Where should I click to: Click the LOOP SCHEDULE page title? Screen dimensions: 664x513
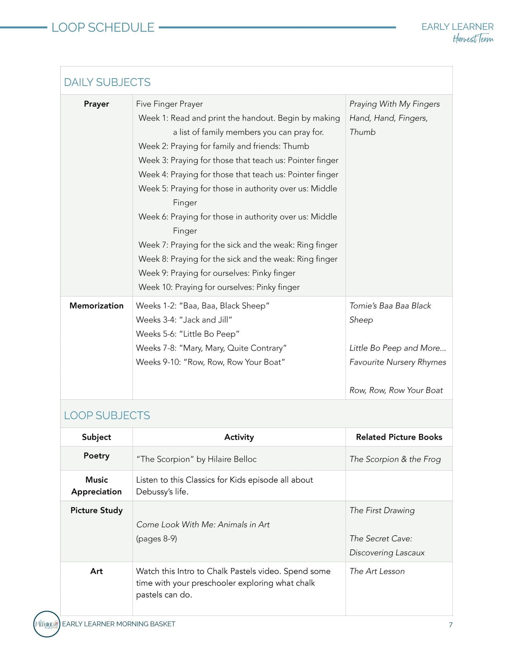pyautogui.click(x=103, y=27)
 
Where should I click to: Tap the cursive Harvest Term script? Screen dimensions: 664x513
pyautogui.click(x=473, y=38)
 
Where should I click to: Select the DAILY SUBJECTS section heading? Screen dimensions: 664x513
pyautogui.click(x=107, y=82)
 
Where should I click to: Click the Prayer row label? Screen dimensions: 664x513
pyautogui.click(x=97, y=104)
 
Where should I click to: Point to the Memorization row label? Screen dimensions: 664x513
pyautogui.click(x=97, y=306)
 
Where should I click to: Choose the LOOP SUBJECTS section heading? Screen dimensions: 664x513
pyautogui.click(x=107, y=415)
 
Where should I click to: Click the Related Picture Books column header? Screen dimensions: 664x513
pyautogui.click(x=399, y=437)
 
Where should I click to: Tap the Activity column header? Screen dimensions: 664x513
pyautogui.click(x=239, y=437)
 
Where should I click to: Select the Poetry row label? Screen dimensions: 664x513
pyautogui.click(x=97, y=456)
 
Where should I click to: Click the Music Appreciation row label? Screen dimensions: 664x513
pyautogui.click(x=97, y=486)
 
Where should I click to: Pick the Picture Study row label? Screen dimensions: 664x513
pyautogui.click(x=97, y=510)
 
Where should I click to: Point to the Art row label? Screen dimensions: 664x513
pyautogui.click(x=97, y=571)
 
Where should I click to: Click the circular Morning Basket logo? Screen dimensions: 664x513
pyautogui.click(x=47, y=624)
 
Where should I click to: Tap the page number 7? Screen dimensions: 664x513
pyautogui.click(x=451, y=625)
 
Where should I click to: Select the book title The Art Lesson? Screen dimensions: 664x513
pyautogui.click(x=377, y=571)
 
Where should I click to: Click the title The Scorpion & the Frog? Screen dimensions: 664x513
pyautogui.click(x=395, y=459)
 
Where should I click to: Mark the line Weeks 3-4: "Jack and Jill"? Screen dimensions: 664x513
pyautogui.click(x=184, y=320)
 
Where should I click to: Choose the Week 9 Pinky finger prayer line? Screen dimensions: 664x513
pyautogui.click(x=217, y=273)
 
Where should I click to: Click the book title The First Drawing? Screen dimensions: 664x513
pyautogui.click(x=382, y=510)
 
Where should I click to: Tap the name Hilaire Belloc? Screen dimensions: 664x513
pyautogui.click(x=232, y=459)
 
